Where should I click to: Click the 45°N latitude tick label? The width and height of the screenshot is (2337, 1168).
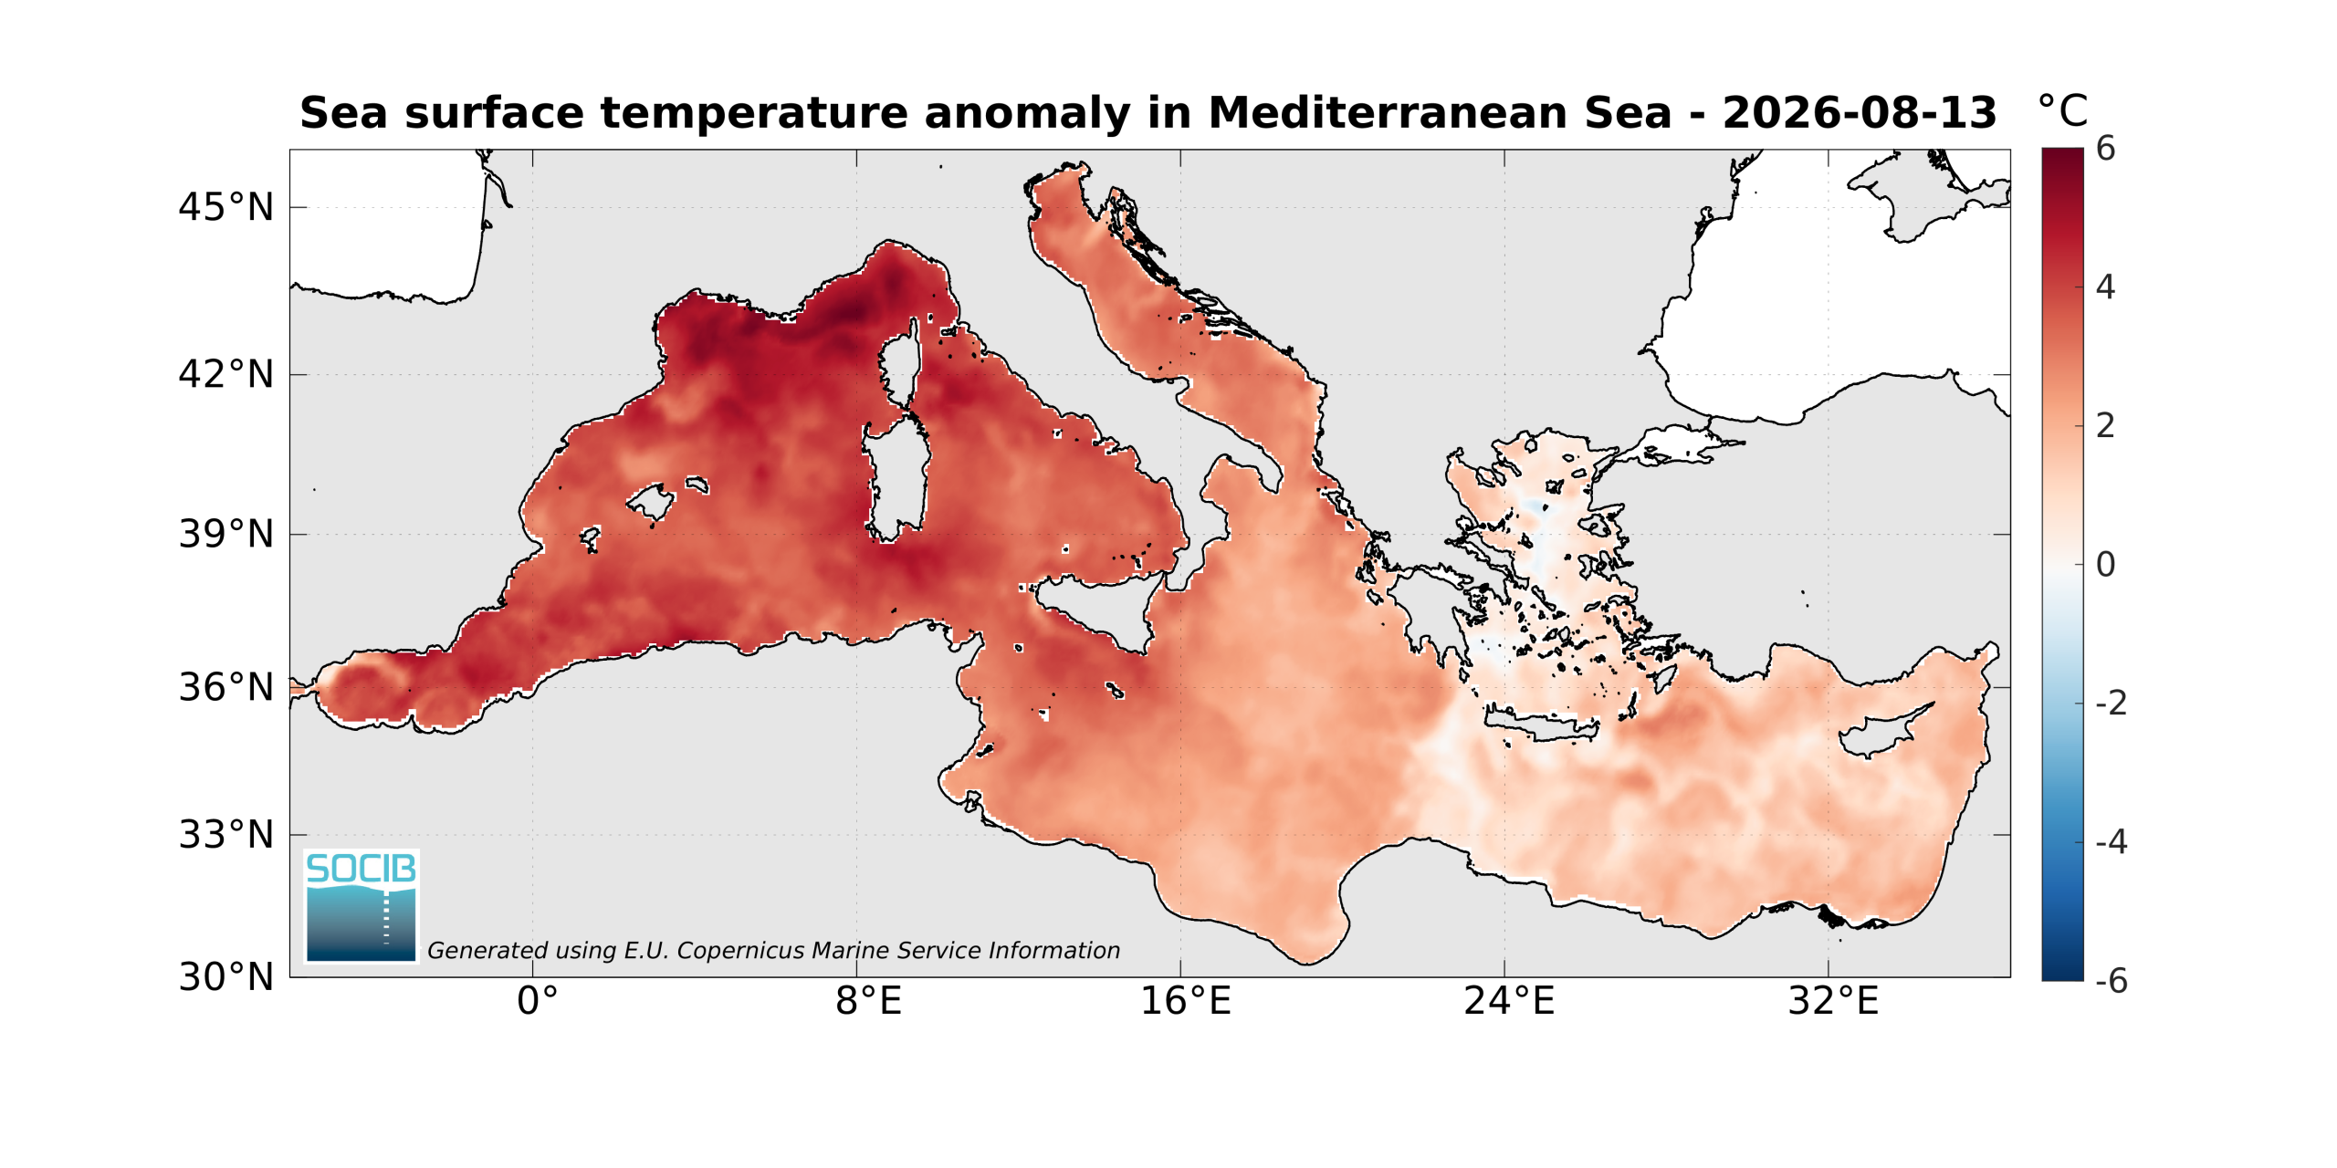tap(225, 208)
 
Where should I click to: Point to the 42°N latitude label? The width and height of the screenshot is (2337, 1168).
tap(225, 375)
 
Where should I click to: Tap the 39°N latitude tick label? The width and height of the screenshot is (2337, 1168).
tap(225, 535)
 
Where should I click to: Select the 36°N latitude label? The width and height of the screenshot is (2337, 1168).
tap(225, 687)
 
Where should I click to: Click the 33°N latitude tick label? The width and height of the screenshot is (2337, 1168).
tap(225, 835)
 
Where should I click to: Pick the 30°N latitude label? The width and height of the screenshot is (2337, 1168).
tap(225, 977)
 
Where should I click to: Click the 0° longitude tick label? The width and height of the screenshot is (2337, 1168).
tap(537, 1001)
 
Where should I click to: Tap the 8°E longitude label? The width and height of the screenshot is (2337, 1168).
tap(868, 1001)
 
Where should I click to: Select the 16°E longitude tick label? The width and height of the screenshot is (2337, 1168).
tap(1186, 1001)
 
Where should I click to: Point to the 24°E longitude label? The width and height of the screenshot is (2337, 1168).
tap(1509, 1001)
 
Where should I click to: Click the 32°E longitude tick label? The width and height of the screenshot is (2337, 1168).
tap(1833, 1001)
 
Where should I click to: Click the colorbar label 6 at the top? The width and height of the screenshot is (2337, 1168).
tap(2106, 149)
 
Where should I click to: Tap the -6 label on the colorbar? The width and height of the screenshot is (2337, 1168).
tap(2112, 981)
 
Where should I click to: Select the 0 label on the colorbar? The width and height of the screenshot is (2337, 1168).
tap(2106, 565)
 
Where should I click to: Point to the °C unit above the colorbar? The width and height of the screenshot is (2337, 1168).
tap(2063, 111)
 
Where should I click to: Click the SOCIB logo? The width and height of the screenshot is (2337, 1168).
tap(361, 906)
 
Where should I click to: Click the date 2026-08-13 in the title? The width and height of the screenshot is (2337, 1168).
tap(1860, 113)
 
